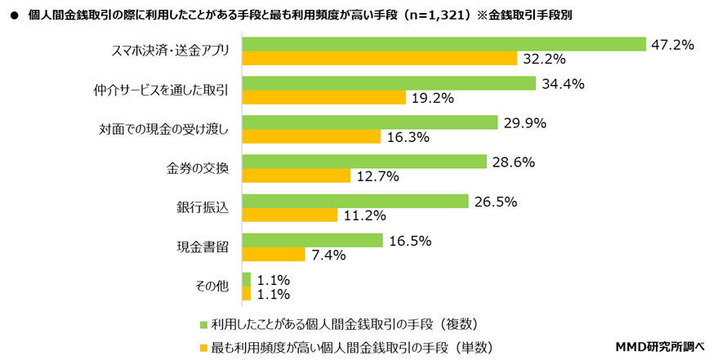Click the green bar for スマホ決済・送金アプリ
(x=444, y=44)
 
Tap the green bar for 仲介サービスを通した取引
(x=390, y=83)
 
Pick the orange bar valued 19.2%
(x=324, y=98)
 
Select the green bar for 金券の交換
(x=365, y=162)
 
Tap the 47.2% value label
(x=672, y=45)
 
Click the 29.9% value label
(x=524, y=123)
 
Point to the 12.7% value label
(x=377, y=176)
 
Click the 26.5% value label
(x=495, y=201)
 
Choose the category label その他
(x=212, y=287)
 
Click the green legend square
(x=203, y=322)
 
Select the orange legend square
(x=203, y=347)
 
